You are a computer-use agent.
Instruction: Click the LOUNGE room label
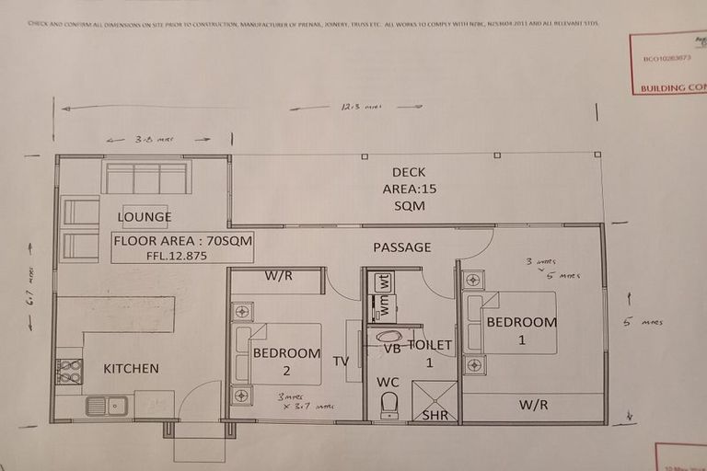145,217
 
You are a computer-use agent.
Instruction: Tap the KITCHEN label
131,369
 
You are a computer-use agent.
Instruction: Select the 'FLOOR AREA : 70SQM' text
182,241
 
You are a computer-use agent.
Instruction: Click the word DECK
409,172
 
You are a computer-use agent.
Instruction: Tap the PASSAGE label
402,247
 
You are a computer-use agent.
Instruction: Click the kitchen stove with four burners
69,372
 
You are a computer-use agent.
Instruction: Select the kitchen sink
107,405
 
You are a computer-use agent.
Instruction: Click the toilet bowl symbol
389,405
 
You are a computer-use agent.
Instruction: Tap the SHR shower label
435,415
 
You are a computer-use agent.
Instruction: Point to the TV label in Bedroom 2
342,362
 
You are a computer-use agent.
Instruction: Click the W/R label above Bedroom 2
278,275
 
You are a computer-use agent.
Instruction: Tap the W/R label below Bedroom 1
533,404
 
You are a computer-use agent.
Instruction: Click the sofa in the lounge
146,178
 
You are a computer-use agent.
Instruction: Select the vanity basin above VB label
389,336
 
